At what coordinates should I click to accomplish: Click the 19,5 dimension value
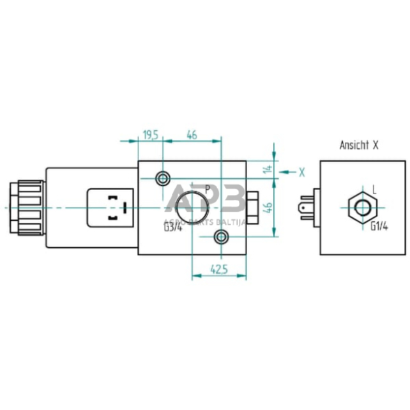pos(150,135)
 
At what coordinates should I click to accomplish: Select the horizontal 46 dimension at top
pos(192,135)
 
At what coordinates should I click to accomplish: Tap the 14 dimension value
pos(266,169)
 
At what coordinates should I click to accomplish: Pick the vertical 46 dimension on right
pos(266,207)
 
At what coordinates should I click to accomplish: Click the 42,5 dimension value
pos(220,268)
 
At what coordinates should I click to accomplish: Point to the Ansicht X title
pos(358,146)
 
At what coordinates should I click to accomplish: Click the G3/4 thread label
pos(172,227)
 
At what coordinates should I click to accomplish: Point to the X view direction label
pos(301,171)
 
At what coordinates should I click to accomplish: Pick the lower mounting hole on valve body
pos(221,238)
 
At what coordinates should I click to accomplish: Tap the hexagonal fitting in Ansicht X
pos(363,207)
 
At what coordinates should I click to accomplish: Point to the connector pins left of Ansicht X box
pos(306,207)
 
